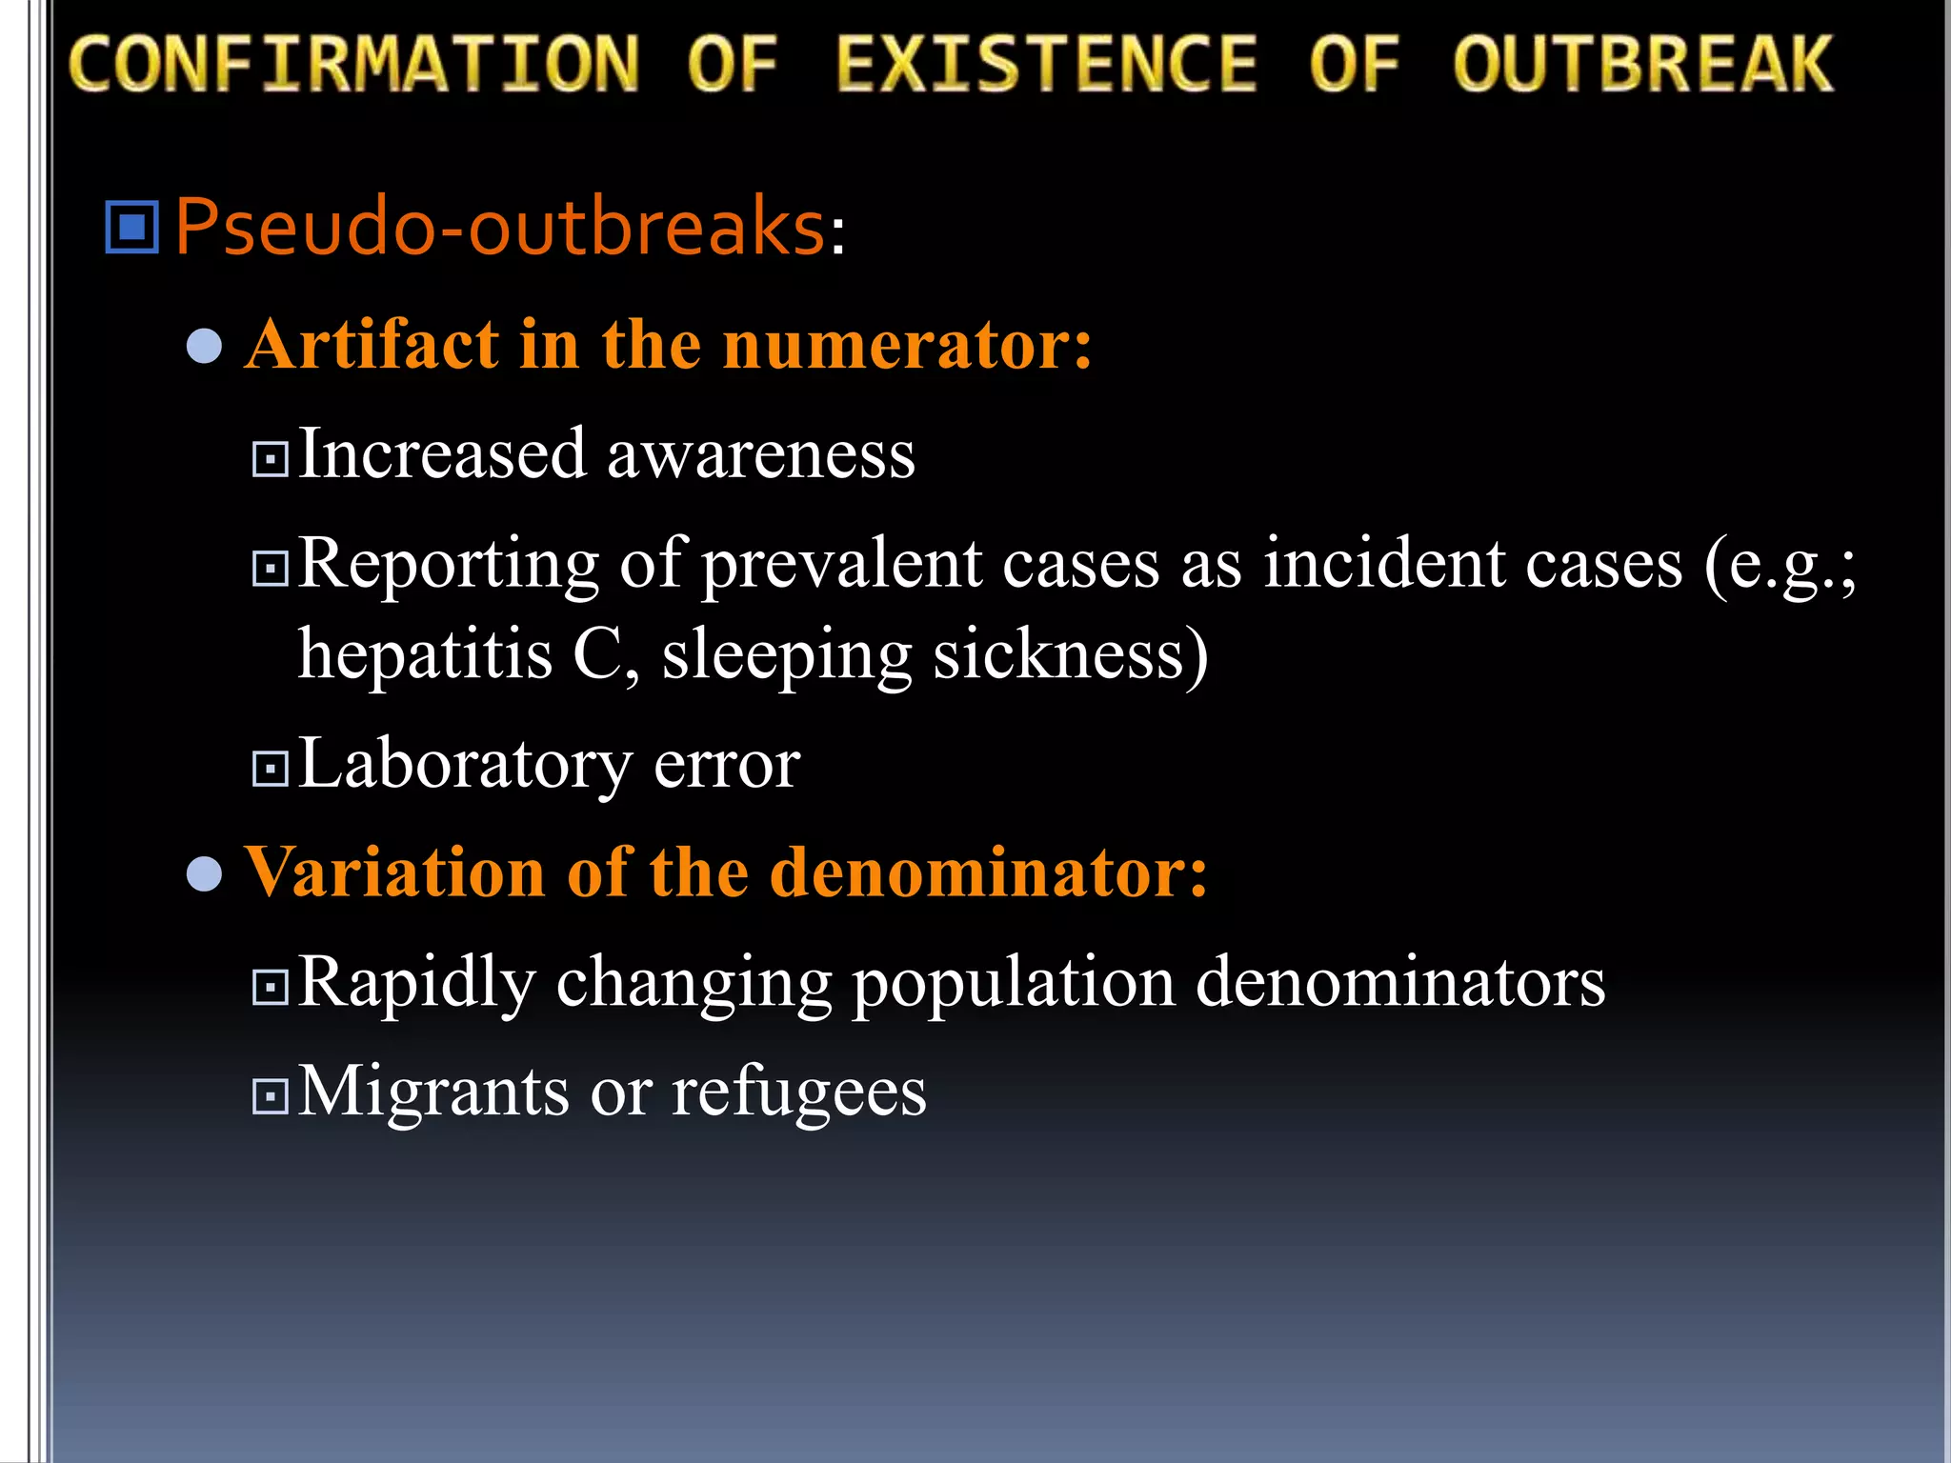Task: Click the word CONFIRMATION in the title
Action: click(x=353, y=65)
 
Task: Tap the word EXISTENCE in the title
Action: click(x=1046, y=65)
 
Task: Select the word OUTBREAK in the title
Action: click(x=1642, y=65)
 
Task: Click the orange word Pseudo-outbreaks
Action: click(x=499, y=227)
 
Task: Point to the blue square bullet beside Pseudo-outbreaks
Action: click(x=131, y=228)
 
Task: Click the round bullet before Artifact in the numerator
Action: click(x=205, y=347)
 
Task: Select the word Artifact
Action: click(x=372, y=345)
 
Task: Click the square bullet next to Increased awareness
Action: click(x=271, y=460)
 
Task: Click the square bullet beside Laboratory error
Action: click(x=271, y=769)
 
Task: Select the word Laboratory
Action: click(x=465, y=765)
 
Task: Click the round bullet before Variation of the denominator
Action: click(x=205, y=874)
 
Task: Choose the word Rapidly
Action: click(x=416, y=984)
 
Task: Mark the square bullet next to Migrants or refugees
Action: click(x=271, y=1096)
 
